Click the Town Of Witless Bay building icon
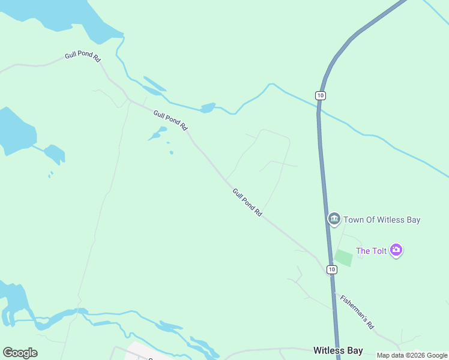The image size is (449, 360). [x=334, y=219]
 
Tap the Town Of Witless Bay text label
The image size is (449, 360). [x=382, y=220]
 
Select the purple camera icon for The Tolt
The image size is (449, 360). [x=396, y=250]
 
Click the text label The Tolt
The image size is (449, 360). [x=372, y=251]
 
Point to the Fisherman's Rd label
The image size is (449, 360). [x=357, y=312]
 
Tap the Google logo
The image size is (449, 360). [x=20, y=353]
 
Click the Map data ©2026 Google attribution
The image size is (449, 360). [x=412, y=355]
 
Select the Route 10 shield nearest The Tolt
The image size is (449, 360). [x=331, y=269]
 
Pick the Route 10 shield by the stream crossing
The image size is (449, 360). [x=321, y=95]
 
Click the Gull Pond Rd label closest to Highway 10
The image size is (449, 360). [x=247, y=202]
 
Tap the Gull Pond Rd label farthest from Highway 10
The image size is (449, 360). [x=82, y=55]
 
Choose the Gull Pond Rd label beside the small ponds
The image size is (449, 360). [x=170, y=121]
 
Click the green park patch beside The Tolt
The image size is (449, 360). [x=344, y=258]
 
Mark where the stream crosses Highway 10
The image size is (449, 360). [x=319, y=109]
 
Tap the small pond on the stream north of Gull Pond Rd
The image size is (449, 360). [x=208, y=108]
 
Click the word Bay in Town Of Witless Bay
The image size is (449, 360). [x=412, y=220]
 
